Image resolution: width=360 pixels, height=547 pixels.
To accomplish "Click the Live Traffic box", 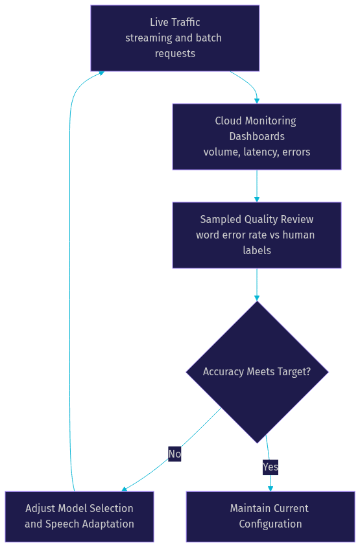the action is pyautogui.click(x=175, y=38).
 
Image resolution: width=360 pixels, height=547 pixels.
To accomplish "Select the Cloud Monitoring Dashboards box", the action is pyautogui.click(x=257, y=136).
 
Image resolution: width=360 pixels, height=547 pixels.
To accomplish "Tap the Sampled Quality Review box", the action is pyautogui.click(x=257, y=235).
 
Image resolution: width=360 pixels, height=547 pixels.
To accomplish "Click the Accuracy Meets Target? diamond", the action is pyautogui.click(x=257, y=372).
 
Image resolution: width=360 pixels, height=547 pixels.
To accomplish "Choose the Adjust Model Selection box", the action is pyautogui.click(x=79, y=517).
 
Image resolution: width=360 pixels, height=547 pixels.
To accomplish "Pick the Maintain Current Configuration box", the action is pyautogui.click(x=270, y=517).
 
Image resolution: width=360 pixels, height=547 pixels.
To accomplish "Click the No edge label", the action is pyautogui.click(x=174, y=454).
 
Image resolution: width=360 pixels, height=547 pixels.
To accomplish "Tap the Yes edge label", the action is pyautogui.click(x=270, y=467).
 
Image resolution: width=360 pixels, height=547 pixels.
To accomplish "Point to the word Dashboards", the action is pyautogui.click(x=257, y=136).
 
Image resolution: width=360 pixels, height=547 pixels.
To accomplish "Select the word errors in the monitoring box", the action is pyautogui.click(x=296, y=152).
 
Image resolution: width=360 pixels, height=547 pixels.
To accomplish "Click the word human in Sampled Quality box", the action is pyautogui.click(x=298, y=235).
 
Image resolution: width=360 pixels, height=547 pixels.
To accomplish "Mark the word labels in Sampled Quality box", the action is pyautogui.click(x=257, y=250).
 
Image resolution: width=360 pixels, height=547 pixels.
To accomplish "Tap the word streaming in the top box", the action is pyautogui.click(x=147, y=38).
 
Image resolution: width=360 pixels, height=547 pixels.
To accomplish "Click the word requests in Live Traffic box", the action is pyautogui.click(x=175, y=54).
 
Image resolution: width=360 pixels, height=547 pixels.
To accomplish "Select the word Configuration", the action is pyautogui.click(x=270, y=524).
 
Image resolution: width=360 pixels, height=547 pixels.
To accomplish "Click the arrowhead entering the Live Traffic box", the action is pyautogui.click(x=102, y=73).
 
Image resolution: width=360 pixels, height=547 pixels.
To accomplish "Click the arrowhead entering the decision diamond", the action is pyautogui.click(x=257, y=298).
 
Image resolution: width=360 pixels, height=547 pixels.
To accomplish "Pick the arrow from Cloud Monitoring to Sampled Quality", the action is pyautogui.click(x=257, y=186).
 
